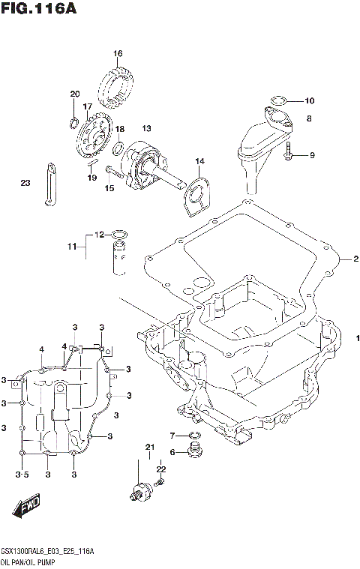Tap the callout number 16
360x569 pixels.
[118, 53]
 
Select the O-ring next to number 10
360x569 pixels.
[277, 100]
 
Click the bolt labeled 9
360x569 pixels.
[289, 155]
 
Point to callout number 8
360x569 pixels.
[307, 118]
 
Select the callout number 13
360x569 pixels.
[146, 128]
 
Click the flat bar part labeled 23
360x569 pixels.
[49, 183]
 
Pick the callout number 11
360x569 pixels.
[72, 246]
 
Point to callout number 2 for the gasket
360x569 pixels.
[356, 259]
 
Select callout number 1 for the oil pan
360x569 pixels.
[358, 337]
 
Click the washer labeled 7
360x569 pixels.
[194, 436]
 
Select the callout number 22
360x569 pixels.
[160, 469]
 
